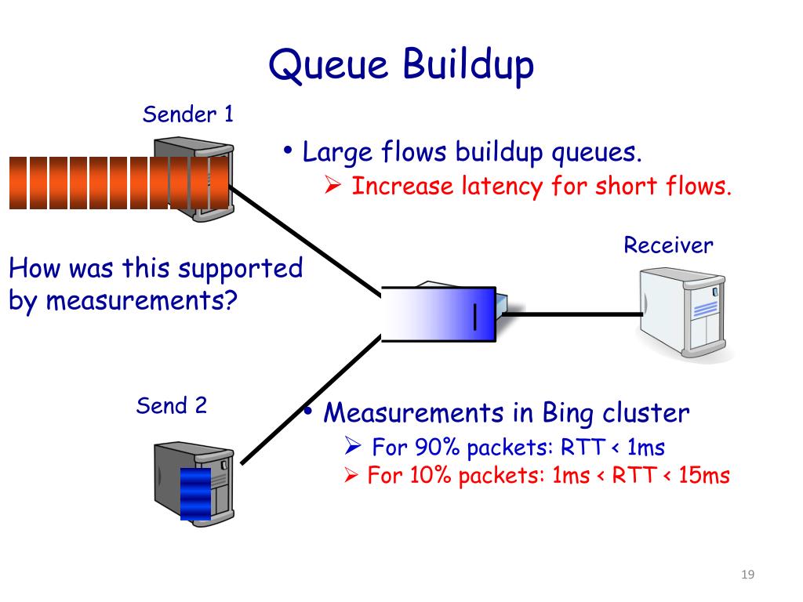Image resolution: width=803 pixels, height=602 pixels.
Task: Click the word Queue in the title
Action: [x=329, y=65]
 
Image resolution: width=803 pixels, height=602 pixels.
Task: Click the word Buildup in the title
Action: [x=468, y=65]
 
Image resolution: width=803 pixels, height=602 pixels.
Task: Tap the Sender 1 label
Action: [x=188, y=114]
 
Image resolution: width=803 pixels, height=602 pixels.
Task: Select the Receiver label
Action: [x=668, y=245]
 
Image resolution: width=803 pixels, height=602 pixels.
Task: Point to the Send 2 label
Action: [x=172, y=406]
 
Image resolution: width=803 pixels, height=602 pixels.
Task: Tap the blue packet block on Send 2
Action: [x=195, y=494]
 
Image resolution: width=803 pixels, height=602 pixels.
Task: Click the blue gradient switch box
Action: [x=439, y=314]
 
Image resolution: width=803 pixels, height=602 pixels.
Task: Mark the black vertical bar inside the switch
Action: [x=475, y=317]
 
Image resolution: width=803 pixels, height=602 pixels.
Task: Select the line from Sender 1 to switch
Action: [x=306, y=241]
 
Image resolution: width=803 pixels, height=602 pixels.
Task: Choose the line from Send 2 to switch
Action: [x=311, y=400]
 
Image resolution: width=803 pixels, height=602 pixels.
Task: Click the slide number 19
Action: [x=747, y=575]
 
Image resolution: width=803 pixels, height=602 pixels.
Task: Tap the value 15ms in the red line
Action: [x=704, y=476]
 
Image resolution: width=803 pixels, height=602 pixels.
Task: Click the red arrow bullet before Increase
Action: [x=332, y=185]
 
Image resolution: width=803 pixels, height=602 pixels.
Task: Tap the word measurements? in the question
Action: [x=142, y=300]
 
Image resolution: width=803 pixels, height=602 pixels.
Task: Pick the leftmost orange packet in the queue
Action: [x=18, y=183]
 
